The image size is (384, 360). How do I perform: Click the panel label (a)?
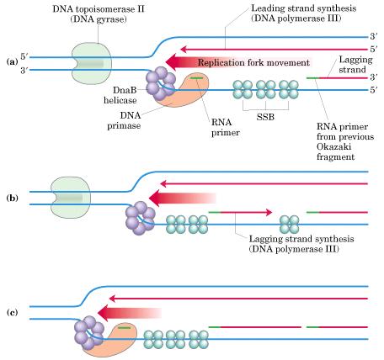tap(12, 61)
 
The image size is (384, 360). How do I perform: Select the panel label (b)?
tap(12, 198)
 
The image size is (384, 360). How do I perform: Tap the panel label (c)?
tap(12, 312)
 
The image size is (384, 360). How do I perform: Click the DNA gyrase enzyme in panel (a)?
tap(92, 64)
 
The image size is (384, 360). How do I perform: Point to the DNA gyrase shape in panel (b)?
tap(71, 198)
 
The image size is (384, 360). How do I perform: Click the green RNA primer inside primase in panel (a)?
tap(196, 77)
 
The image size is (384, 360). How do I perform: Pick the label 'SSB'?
tap(265, 117)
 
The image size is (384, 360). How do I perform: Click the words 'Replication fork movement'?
tap(253, 62)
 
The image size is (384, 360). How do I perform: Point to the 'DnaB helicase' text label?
tap(120, 95)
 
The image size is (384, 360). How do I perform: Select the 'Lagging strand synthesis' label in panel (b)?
tap(301, 239)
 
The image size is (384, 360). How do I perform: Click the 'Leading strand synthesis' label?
tap(304, 8)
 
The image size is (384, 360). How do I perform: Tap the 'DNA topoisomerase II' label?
tap(99, 9)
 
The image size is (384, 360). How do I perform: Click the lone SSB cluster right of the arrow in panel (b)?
tap(289, 225)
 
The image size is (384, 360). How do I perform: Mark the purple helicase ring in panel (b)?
tap(141, 218)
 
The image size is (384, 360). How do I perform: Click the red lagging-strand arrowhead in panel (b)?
tap(269, 212)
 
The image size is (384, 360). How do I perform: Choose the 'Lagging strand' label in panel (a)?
tap(355, 64)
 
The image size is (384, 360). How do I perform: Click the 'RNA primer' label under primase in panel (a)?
tap(226, 127)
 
